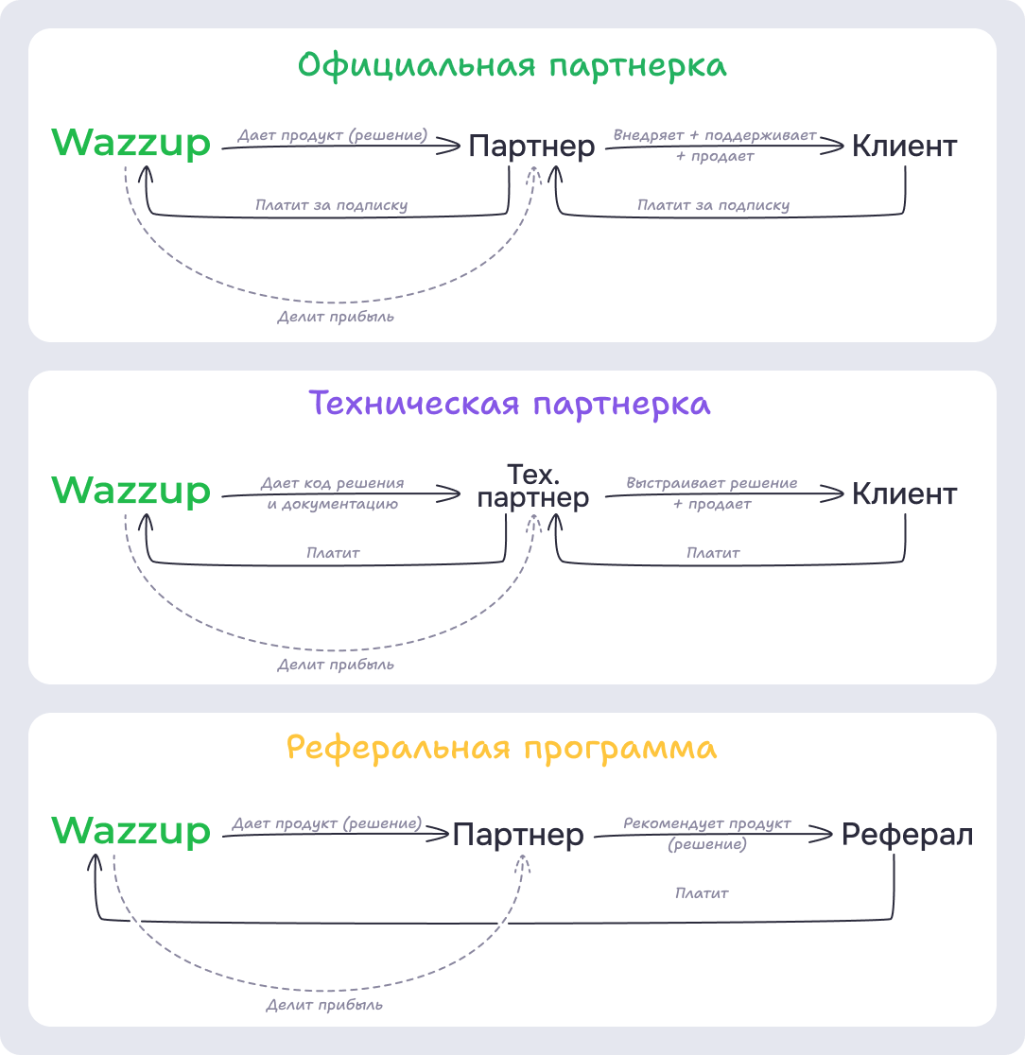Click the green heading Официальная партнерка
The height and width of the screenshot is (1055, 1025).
click(x=512, y=66)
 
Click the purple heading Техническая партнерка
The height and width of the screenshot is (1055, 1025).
click(x=511, y=404)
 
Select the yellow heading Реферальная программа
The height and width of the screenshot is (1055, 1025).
click(x=501, y=748)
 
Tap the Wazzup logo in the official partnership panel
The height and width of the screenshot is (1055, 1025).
click(x=131, y=144)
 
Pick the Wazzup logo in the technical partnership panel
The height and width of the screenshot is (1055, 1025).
click(x=131, y=491)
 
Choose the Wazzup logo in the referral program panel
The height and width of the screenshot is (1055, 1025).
click(x=131, y=831)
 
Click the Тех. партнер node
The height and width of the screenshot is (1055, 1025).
click(x=533, y=486)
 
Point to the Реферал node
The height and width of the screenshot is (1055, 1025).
click(x=907, y=835)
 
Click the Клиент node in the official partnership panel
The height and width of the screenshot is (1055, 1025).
click(x=904, y=147)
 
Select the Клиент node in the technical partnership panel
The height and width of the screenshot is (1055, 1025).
click(x=904, y=494)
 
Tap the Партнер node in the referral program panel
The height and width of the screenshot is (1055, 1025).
click(x=518, y=835)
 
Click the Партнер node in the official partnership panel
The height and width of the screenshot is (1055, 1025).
click(x=532, y=147)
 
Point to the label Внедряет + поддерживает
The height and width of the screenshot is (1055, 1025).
click(x=715, y=135)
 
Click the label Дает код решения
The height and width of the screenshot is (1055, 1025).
click(x=332, y=483)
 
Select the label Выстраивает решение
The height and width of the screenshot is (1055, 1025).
click(x=712, y=483)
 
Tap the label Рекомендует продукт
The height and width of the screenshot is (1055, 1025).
click(x=707, y=823)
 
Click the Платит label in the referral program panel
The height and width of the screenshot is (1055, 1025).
click(x=702, y=892)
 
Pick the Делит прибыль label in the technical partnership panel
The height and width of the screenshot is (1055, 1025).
click(x=336, y=665)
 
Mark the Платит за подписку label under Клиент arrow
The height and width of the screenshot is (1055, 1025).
click(x=713, y=205)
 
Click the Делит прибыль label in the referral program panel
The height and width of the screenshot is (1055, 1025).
click(x=324, y=1004)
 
